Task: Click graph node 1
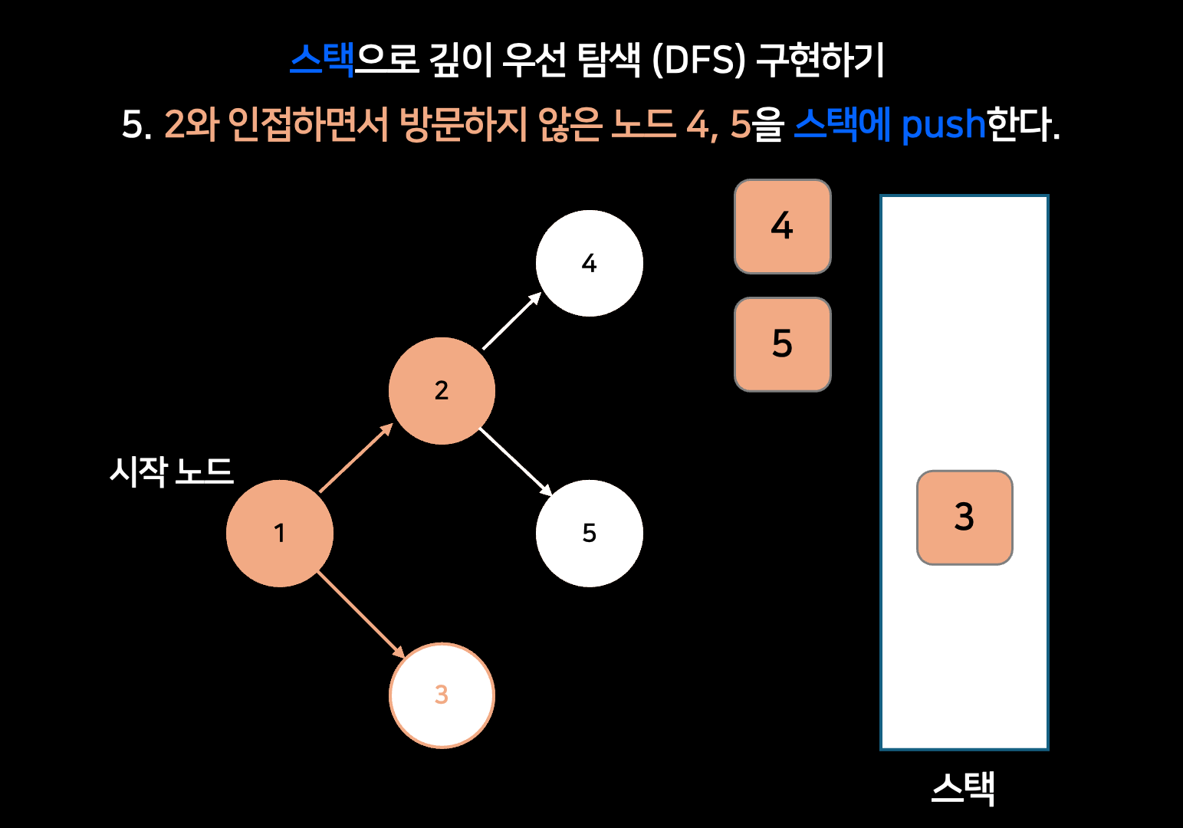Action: click(280, 534)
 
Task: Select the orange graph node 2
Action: click(442, 391)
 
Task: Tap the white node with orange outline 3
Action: click(442, 695)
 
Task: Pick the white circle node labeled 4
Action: click(589, 263)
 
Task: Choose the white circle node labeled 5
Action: click(589, 534)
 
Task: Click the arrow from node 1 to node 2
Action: click(356, 458)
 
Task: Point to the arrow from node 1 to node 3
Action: click(360, 614)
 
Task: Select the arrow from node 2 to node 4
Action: click(511, 321)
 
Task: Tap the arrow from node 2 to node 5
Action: click(515, 462)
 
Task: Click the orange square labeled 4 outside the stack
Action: click(782, 227)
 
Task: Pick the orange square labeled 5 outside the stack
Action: click(782, 344)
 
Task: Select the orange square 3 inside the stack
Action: click(964, 517)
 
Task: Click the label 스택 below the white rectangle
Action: click(963, 788)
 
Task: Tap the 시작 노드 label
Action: click(171, 471)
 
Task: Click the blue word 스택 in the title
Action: click(322, 60)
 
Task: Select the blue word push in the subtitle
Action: click(942, 124)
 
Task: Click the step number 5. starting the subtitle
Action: click(136, 124)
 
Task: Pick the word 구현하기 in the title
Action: click(821, 60)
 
